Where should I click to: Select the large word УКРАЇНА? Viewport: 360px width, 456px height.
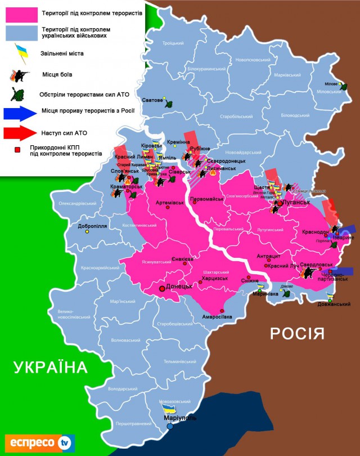point(51,368)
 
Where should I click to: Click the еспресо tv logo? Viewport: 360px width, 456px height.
point(39,442)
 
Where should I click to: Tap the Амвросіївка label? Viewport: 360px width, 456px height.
point(213,317)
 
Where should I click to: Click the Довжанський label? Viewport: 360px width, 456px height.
point(334,304)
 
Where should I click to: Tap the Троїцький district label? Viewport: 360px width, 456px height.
point(173,43)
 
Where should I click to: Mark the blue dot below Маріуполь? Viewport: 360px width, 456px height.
point(170,427)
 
